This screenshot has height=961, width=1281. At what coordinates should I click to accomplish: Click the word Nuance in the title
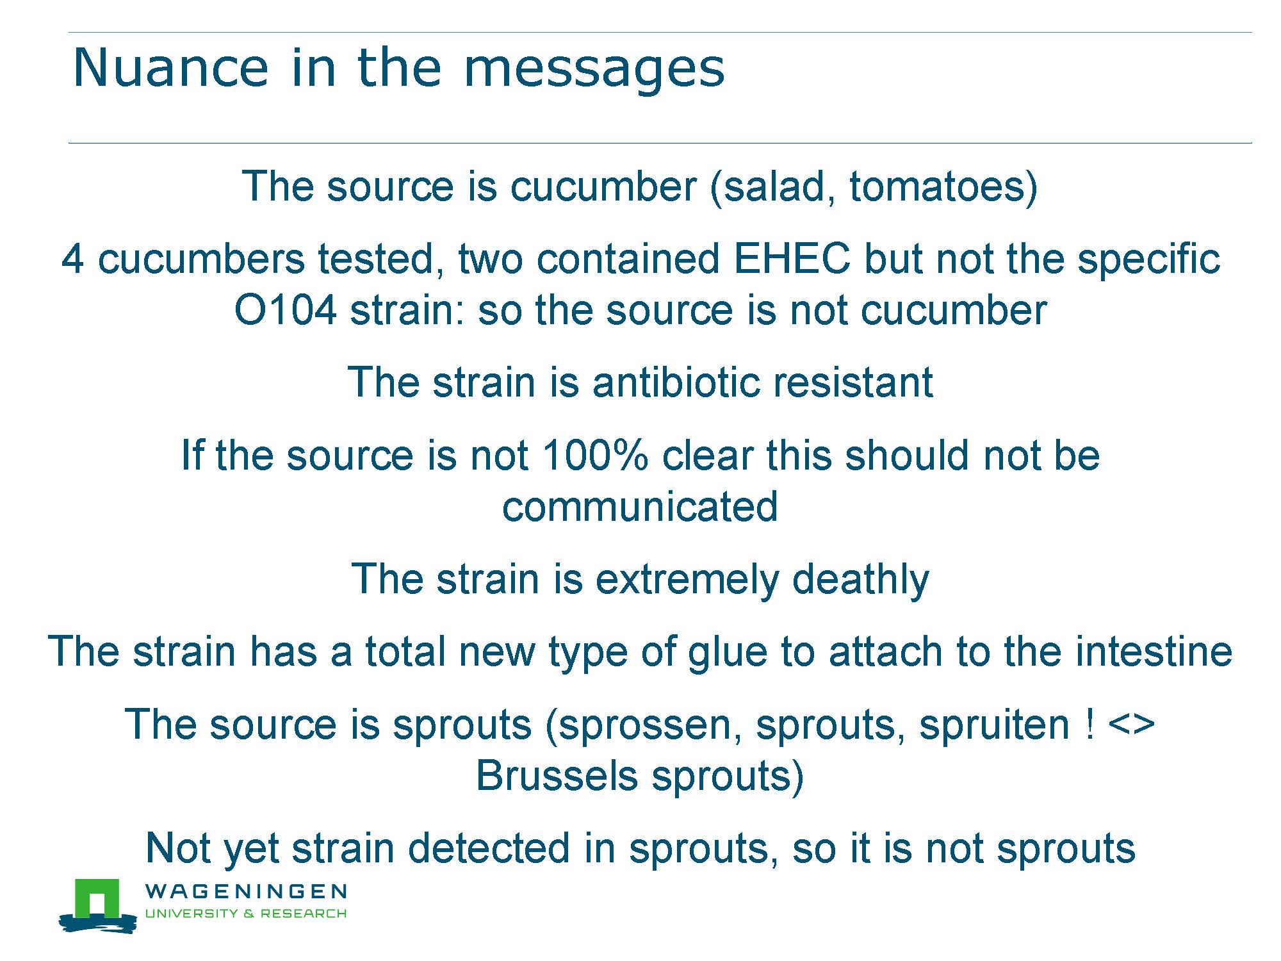click(171, 67)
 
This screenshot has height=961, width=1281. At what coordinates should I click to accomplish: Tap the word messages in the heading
click(594, 70)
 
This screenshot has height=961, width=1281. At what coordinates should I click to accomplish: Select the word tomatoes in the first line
click(936, 187)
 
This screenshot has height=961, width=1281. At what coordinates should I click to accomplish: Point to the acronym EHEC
click(792, 259)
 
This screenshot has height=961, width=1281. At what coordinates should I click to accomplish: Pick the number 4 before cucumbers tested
click(72, 259)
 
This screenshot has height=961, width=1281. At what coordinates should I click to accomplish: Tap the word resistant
click(853, 382)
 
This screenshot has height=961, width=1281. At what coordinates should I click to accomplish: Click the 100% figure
click(595, 456)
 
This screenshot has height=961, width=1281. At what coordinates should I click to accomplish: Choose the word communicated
click(640, 507)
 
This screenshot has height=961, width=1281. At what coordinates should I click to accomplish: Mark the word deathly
click(860, 580)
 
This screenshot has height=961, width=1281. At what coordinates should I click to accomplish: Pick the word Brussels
click(557, 776)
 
